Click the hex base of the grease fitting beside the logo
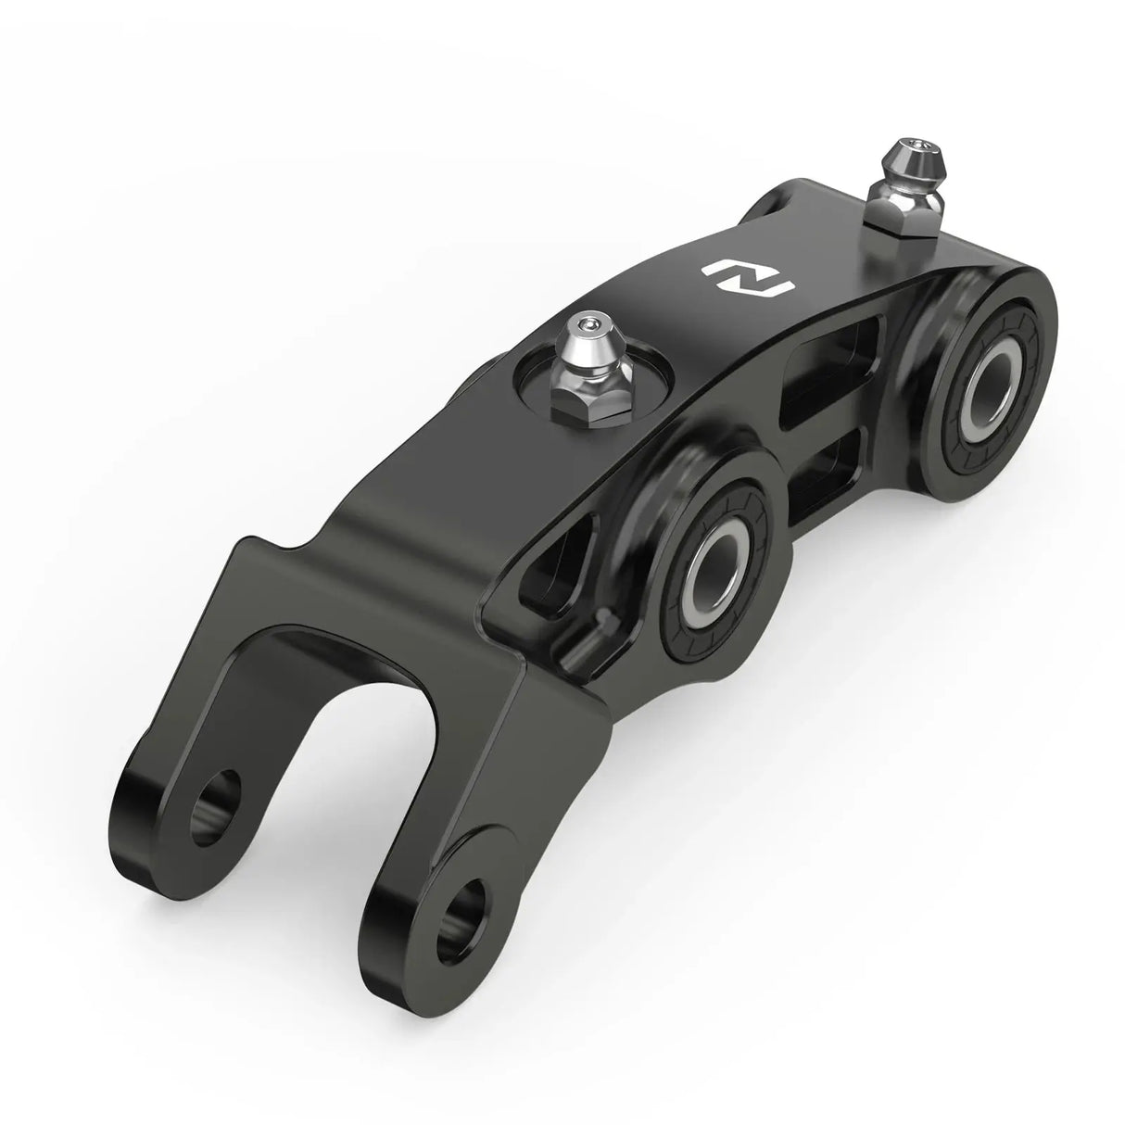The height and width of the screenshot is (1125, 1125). [x=580, y=397]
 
